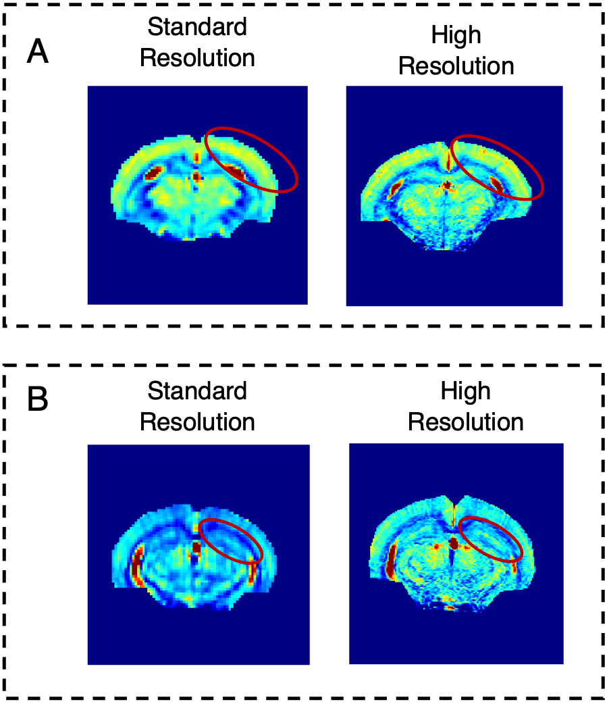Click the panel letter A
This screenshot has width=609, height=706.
38,52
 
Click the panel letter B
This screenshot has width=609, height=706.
38,400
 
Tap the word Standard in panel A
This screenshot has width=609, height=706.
197,27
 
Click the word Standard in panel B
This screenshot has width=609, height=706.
197,390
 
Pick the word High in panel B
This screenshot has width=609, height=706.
466,390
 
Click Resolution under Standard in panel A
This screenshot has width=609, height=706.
197,58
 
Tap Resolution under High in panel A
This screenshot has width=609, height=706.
456,67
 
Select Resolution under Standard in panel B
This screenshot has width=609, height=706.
197,422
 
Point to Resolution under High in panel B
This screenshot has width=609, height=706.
466,422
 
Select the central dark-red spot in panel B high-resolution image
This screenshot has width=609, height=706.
454,543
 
